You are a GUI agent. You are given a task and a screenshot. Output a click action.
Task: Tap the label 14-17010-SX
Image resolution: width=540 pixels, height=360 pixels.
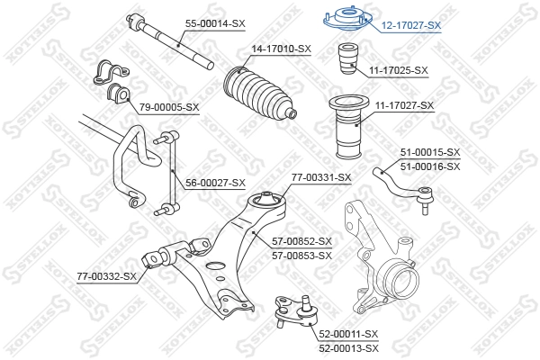(281, 49)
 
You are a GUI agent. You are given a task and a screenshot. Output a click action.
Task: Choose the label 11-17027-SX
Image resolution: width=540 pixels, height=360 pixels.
(403, 105)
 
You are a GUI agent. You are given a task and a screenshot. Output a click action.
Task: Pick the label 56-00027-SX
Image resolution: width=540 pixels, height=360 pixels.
(215, 183)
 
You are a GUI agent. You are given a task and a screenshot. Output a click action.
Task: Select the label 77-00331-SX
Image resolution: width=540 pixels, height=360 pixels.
(320, 177)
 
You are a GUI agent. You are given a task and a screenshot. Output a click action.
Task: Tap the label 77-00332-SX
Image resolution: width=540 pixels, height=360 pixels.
(105, 276)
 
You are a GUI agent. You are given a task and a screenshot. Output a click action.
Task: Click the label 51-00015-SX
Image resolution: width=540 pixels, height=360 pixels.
(429, 153)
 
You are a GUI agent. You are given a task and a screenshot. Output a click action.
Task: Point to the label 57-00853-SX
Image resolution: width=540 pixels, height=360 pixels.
(301, 255)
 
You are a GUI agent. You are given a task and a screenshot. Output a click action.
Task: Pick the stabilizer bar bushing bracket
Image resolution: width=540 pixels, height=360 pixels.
(109, 79)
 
